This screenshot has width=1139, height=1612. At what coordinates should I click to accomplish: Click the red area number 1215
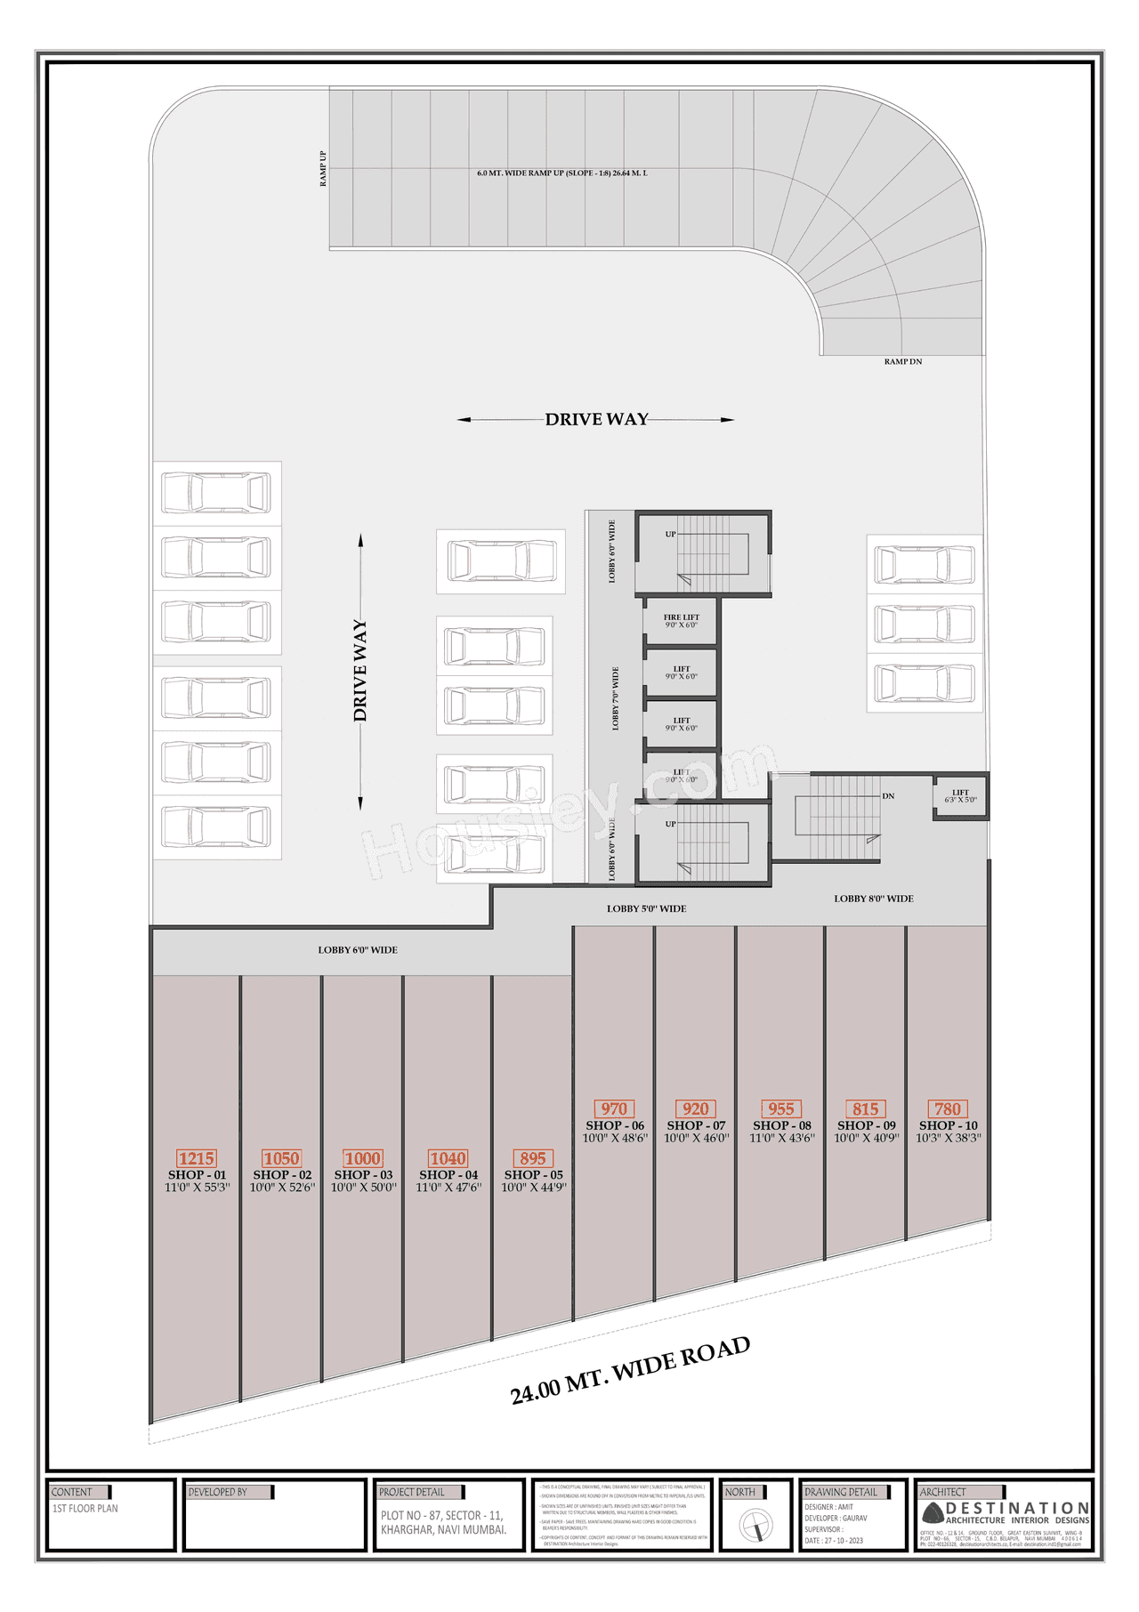196,1158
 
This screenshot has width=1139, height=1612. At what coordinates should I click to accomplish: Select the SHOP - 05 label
533,1174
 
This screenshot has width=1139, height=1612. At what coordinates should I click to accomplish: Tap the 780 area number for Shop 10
948,1109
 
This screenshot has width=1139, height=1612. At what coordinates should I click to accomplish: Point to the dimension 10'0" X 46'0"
696,1138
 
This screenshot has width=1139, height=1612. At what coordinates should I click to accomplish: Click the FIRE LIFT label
682,617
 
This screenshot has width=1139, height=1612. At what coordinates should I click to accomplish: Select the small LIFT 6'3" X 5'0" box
960,796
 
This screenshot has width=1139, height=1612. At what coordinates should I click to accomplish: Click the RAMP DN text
902,361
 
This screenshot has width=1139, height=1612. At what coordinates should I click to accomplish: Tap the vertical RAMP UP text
323,168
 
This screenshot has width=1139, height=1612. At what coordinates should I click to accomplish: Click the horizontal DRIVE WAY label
596,419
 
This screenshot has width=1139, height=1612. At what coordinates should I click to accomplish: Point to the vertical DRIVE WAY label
359,670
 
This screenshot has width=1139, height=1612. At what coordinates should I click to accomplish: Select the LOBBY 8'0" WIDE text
873,899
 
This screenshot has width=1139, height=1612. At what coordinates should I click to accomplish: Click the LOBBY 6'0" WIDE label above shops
358,950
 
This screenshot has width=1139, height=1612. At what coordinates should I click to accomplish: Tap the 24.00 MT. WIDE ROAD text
630,1371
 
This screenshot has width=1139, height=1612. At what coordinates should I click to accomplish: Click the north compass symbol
755,1527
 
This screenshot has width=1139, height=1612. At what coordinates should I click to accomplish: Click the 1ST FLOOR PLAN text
85,1508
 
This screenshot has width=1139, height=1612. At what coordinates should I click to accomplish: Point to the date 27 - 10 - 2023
834,1540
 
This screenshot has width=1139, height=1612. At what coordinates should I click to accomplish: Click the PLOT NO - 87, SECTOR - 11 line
441,1515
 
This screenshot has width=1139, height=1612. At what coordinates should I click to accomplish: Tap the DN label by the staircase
887,796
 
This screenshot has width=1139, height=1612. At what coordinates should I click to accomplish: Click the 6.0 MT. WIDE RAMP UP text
561,173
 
